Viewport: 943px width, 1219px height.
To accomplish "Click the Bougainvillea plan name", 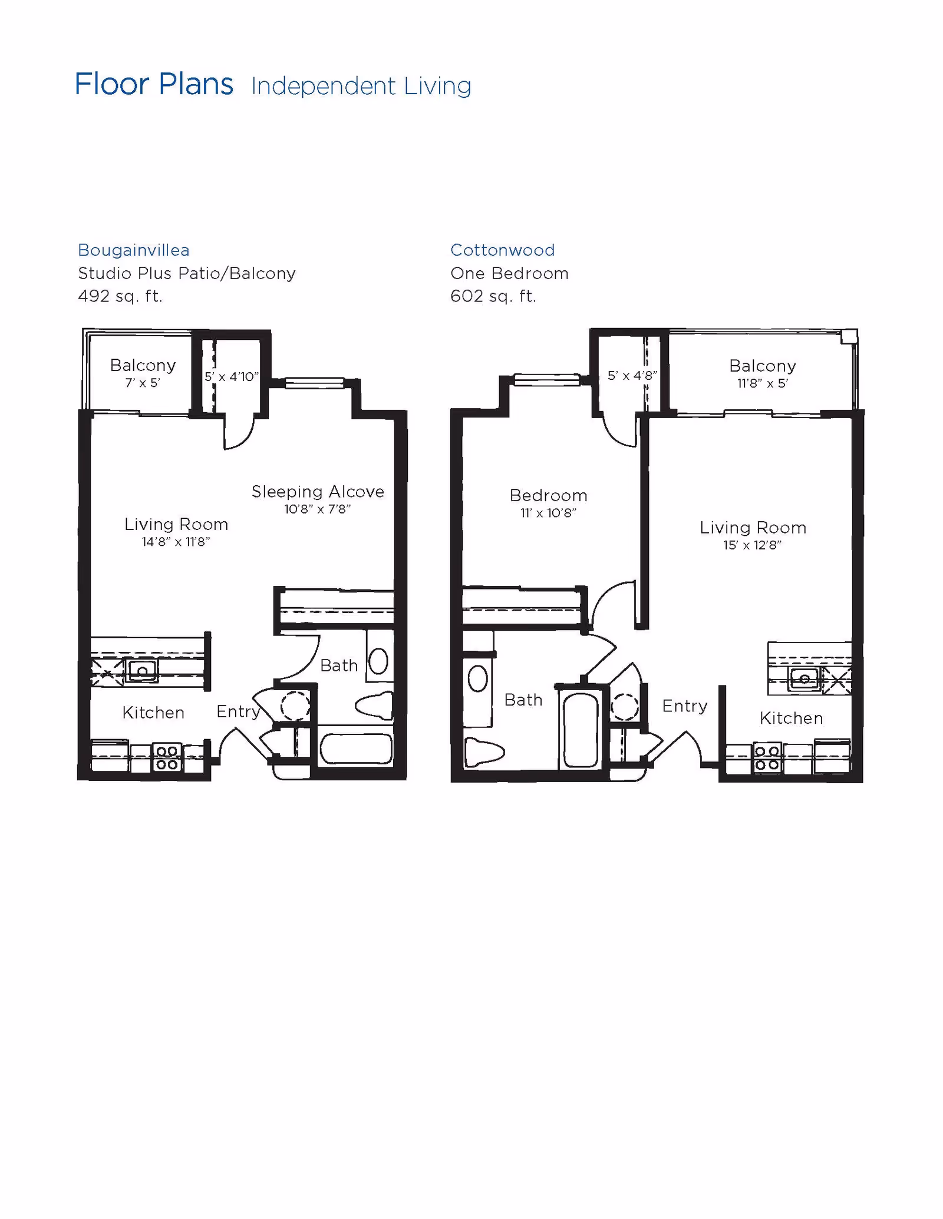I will pyautogui.click(x=134, y=250).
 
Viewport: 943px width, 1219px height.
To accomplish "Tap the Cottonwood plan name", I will pyautogui.click(x=502, y=250).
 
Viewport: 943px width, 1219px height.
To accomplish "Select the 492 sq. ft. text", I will pyautogui.click(x=120, y=296).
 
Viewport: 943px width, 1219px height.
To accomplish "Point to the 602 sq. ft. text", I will pyautogui.click(x=493, y=296).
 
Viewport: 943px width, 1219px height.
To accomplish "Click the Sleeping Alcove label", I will pyautogui.click(x=318, y=492).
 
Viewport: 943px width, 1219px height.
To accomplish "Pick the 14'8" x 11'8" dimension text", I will pyautogui.click(x=176, y=542).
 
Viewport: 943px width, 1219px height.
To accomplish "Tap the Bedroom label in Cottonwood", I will pyautogui.click(x=548, y=495).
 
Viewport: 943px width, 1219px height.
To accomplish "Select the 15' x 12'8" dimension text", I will pyautogui.click(x=752, y=545).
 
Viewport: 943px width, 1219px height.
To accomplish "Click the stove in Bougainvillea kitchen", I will pyautogui.click(x=167, y=758).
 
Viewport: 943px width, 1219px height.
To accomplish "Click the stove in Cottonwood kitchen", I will pyautogui.click(x=767, y=758).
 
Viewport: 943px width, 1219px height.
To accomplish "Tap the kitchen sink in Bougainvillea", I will pyautogui.click(x=142, y=670).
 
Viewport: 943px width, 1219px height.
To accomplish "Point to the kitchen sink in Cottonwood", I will pyautogui.click(x=804, y=679).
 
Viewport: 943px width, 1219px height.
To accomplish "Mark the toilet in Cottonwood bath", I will pyautogui.click(x=484, y=753).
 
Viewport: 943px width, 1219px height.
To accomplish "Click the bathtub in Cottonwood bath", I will pyautogui.click(x=581, y=730).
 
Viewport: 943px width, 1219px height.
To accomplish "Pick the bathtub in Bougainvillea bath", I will pyautogui.click(x=356, y=748).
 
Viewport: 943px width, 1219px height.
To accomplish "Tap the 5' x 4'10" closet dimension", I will pyautogui.click(x=231, y=377).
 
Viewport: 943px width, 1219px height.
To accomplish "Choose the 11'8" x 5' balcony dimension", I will pyautogui.click(x=762, y=383).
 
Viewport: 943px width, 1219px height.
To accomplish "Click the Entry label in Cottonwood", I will pyautogui.click(x=684, y=706).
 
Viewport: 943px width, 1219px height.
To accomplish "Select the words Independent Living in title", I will pyautogui.click(x=361, y=87).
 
